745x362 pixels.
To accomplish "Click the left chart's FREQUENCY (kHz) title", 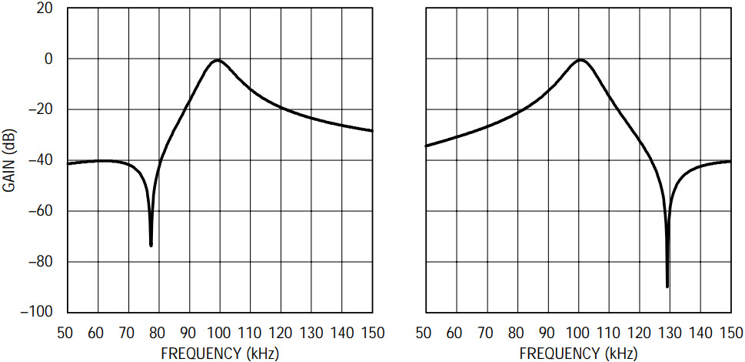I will click(x=220, y=354).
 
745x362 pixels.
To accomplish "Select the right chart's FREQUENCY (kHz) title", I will click(x=578, y=354).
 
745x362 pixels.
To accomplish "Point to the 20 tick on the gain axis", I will click(x=44, y=8).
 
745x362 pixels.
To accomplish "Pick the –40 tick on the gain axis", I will click(x=40, y=160).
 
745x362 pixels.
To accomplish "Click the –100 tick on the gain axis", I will click(x=37, y=312).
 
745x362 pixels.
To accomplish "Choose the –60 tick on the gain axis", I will click(x=40, y=211).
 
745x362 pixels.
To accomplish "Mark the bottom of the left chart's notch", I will click(x=151, y=245).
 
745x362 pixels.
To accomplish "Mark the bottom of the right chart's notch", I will click(x=667, y=287).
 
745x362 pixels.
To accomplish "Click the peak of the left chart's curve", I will click(x=218, y=60).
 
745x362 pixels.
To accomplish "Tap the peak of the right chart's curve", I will click(x=580, y=60).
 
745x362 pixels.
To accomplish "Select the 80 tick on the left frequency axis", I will click(x=158, y=334).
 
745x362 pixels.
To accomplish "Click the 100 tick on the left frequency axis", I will click(x=219, y=334).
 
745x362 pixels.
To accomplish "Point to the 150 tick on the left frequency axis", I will click(x=372, y=334).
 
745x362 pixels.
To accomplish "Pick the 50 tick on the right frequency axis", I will click(x=424, y=334).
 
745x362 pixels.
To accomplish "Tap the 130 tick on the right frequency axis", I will click(x=670, y=334).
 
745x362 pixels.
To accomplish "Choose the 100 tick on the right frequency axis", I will click(x=577, y=334).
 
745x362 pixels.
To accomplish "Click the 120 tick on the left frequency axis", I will click(x=281, y=334).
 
